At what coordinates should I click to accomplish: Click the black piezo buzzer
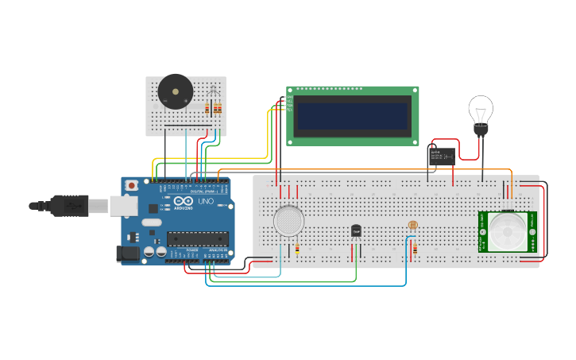coord(175,91)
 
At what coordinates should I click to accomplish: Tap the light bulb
coord(480,111)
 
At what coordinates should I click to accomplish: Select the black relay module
coord(442,154)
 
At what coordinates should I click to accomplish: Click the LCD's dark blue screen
coord(352,118)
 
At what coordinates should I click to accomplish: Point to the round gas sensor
coord(288,220)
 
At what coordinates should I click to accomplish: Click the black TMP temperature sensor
coord(356,230)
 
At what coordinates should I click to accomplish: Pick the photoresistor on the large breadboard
coord(412,226)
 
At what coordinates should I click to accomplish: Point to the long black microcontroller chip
coord(197,238)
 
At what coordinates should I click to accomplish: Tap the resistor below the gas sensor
coord(297,249)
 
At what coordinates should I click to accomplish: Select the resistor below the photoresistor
coord(414,250)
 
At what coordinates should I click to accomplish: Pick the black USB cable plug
coord(72,206)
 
